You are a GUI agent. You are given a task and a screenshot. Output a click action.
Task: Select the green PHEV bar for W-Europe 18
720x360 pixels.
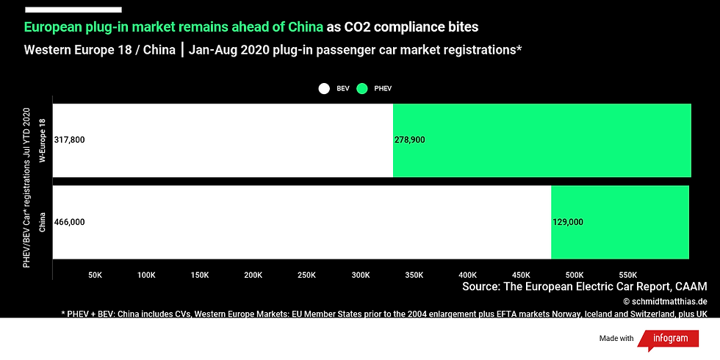[542, 140]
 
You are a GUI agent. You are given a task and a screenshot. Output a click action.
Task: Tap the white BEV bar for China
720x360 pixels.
[301, 222]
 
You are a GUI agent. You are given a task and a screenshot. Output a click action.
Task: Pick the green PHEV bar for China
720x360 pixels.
[619, 222]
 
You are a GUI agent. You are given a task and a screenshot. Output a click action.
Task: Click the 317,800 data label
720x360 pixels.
[70, 140]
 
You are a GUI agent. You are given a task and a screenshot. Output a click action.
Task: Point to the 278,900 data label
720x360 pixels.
[410, 140]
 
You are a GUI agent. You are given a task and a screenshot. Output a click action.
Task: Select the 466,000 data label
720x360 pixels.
[70, 222]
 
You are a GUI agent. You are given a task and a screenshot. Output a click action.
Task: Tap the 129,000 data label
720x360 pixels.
[568, 222]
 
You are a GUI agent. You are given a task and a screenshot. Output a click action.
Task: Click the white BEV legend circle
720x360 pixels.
[324, 88]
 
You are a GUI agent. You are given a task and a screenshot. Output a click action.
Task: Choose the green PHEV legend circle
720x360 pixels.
[362, 88]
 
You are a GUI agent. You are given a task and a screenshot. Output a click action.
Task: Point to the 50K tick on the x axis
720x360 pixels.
[95, 275]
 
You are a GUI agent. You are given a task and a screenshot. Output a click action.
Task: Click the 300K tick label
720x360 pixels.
[360, 275]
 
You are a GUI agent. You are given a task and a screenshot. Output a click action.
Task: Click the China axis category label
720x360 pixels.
[43, 221]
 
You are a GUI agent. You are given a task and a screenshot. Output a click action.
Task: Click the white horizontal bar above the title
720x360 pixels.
[73, 10]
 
